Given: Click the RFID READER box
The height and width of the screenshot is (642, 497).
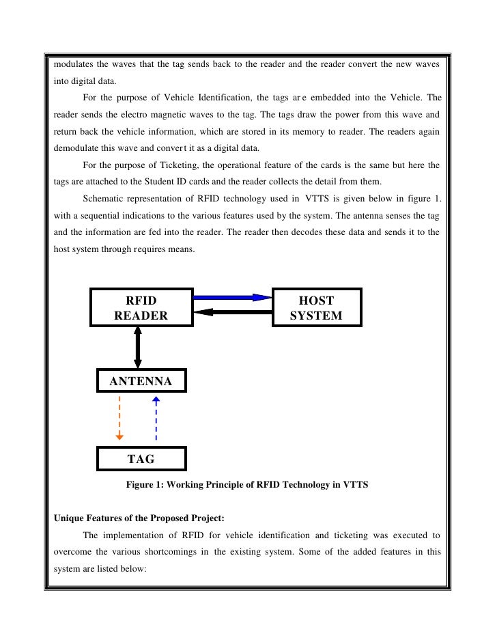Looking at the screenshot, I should coord(141,307).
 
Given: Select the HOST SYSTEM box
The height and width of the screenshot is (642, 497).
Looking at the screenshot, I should coord(316,307).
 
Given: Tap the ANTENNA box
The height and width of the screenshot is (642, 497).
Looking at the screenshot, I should coord(141,381).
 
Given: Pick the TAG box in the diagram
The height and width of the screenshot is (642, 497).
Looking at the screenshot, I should coord(141,459).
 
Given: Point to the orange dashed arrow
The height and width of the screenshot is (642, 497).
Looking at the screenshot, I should coord(120,417).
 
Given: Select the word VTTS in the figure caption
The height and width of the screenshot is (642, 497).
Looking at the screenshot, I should coord(356,485).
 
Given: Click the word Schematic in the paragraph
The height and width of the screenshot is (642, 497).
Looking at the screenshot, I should coord(103,199).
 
